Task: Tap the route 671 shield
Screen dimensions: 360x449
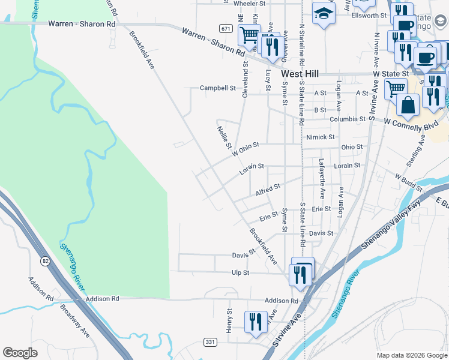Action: [x=226, y=28]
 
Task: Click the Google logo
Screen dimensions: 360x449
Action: [x=20, y=353]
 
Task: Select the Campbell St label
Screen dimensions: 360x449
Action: [x=217, y=88]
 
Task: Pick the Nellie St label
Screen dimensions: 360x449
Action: [x=224, y=137]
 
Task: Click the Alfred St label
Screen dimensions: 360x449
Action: [x=268, y=190]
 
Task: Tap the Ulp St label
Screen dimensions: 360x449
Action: [x=241, y=272]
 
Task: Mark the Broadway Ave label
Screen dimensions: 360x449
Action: [x=74, y=320]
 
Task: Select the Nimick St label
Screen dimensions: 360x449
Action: [x=320, y=137]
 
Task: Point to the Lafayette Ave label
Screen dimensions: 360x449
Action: [x=322, y=179]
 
